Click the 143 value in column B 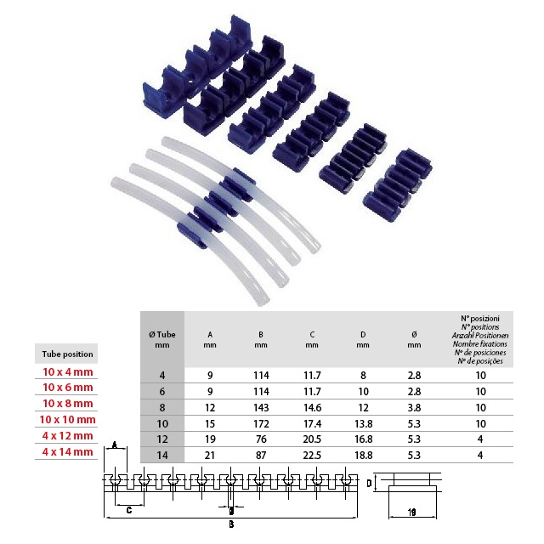click(261, 408)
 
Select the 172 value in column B click(261, 423)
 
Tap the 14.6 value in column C click(312, 408)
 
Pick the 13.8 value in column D click(363, 423)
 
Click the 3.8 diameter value click(414, 408)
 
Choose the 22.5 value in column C click(312, 456)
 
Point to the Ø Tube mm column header click(162, 340)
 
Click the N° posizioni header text click(480, 319)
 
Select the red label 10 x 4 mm click(68, 372)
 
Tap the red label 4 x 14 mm click(68, 451)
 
